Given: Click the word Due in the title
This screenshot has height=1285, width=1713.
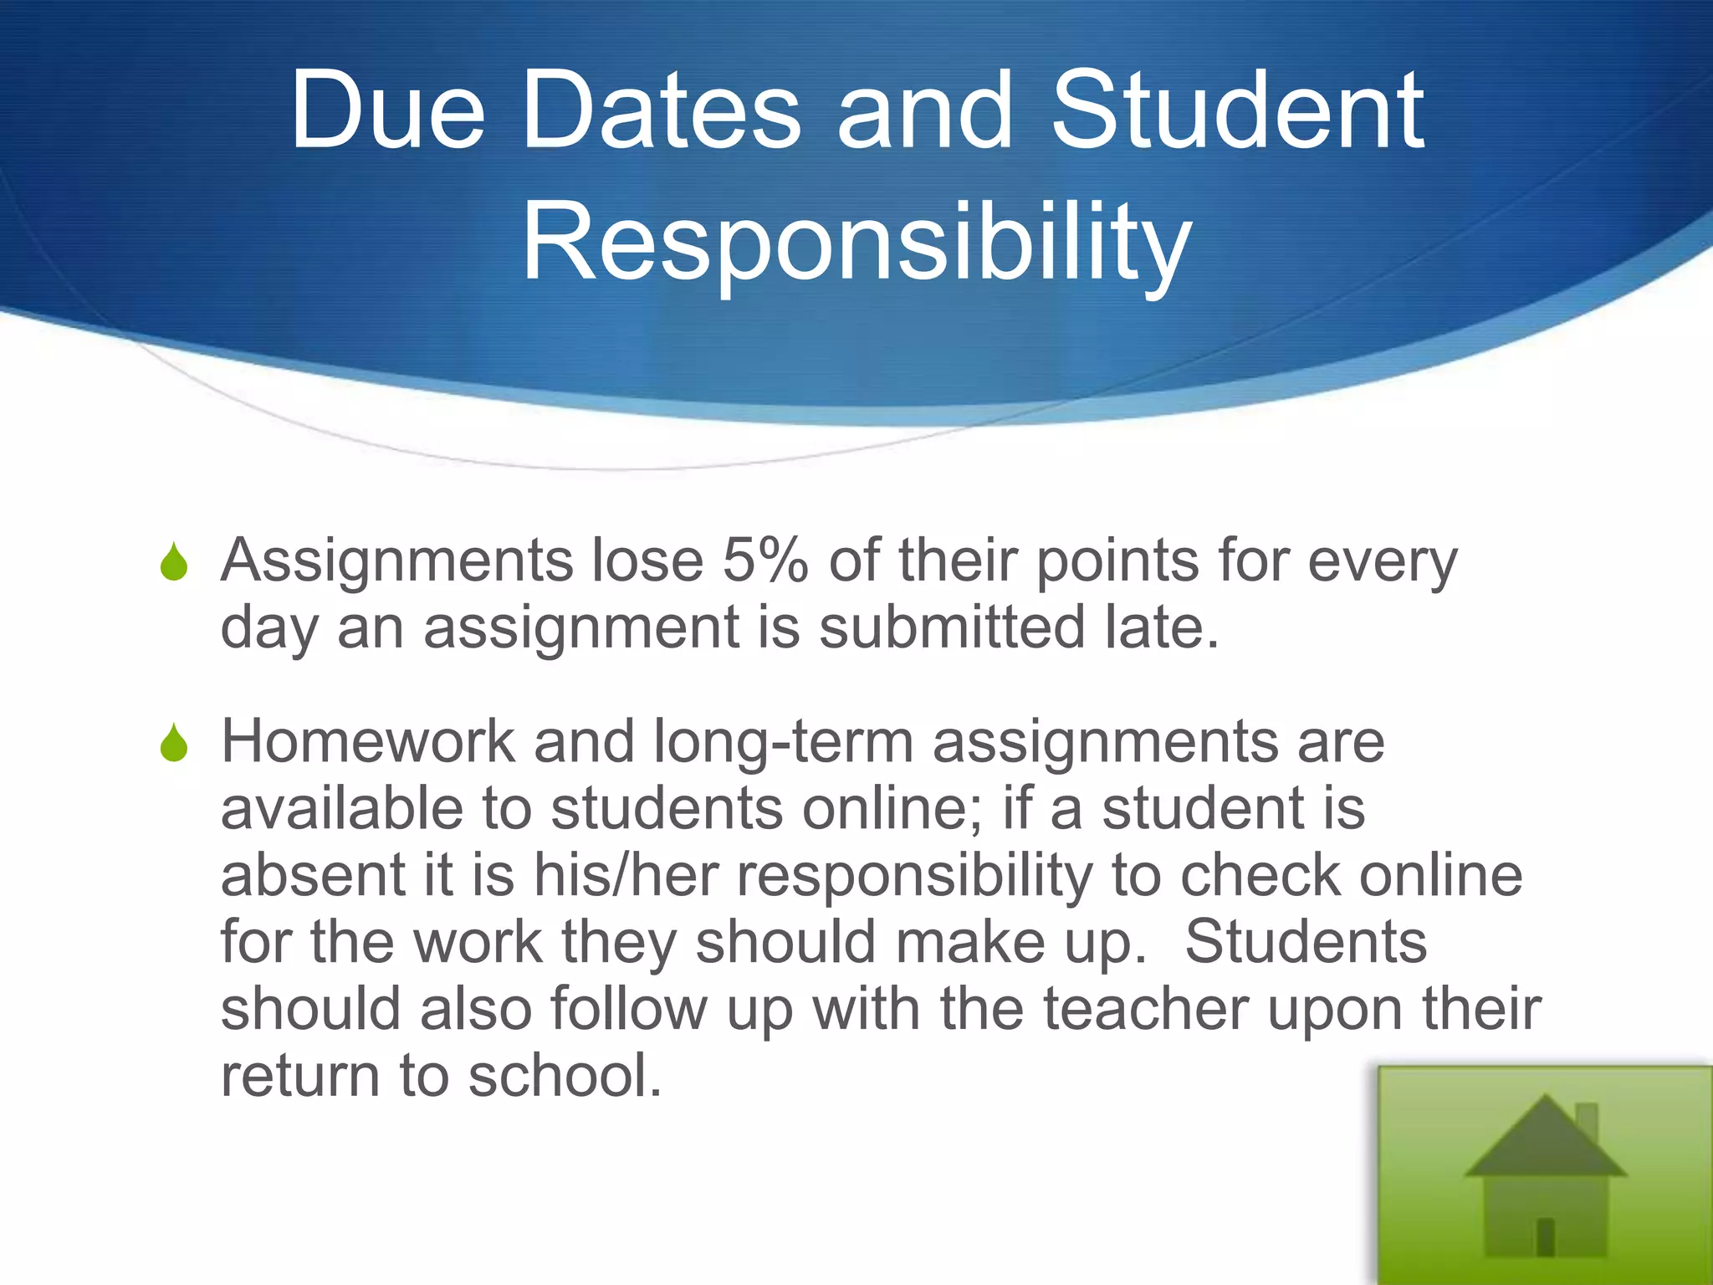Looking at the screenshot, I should click(x=387, y=111).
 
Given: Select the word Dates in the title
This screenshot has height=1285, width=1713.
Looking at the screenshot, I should click(x=661, y=111).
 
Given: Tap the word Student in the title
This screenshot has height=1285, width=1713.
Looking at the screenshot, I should click(x=1237, y=111).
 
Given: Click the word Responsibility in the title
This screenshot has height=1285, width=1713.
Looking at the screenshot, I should click(x=856, y=243).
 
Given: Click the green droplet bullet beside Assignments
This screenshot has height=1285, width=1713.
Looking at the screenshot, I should click(x=174, y=562).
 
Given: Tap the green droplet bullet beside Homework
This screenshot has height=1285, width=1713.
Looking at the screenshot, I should click(x=174, y=744).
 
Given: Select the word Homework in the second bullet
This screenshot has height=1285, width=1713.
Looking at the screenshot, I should click(x=368, y=742).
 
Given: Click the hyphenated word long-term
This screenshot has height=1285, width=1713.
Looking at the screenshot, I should click(x=783, y=744).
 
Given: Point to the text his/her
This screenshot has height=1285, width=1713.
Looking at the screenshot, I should click(x=626, y=876).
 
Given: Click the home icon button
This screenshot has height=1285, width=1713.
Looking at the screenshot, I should click(x=1545, y=1175).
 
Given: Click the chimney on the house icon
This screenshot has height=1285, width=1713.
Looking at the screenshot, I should click(x=1586, y=1121).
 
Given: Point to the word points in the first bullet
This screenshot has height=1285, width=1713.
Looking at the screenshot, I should click(x=1117, y=561).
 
